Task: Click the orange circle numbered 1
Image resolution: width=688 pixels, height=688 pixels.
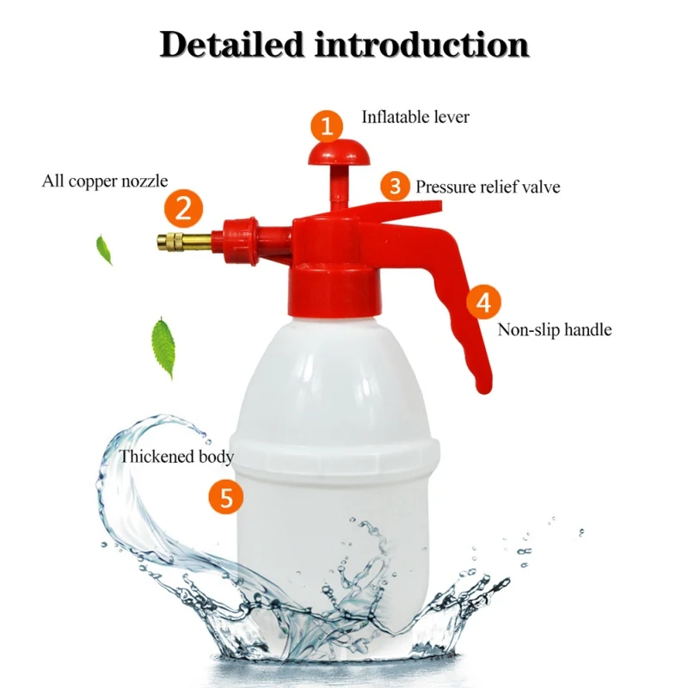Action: point(327,127)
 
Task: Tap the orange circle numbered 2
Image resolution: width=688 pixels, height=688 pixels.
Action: point(183,207)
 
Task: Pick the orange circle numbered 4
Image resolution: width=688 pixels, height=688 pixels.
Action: point(484,302)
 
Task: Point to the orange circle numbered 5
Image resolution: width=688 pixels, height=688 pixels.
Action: point(226,497)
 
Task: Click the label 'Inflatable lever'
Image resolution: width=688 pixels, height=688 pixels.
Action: point(415,116)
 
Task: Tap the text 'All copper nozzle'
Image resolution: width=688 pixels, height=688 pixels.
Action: point(105,181)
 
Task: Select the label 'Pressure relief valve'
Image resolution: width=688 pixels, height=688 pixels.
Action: point(488,186)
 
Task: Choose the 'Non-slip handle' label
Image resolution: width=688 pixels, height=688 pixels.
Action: point(555,329)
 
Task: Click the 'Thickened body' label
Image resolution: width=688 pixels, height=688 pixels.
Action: point(176,456)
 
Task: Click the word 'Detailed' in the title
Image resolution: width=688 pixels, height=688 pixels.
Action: point(231,44)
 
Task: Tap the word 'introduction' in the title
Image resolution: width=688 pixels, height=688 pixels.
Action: point(421,44)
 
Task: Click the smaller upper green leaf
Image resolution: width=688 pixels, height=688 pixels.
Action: point(104,249)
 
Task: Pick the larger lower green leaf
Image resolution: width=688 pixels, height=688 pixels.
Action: point(163,346)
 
